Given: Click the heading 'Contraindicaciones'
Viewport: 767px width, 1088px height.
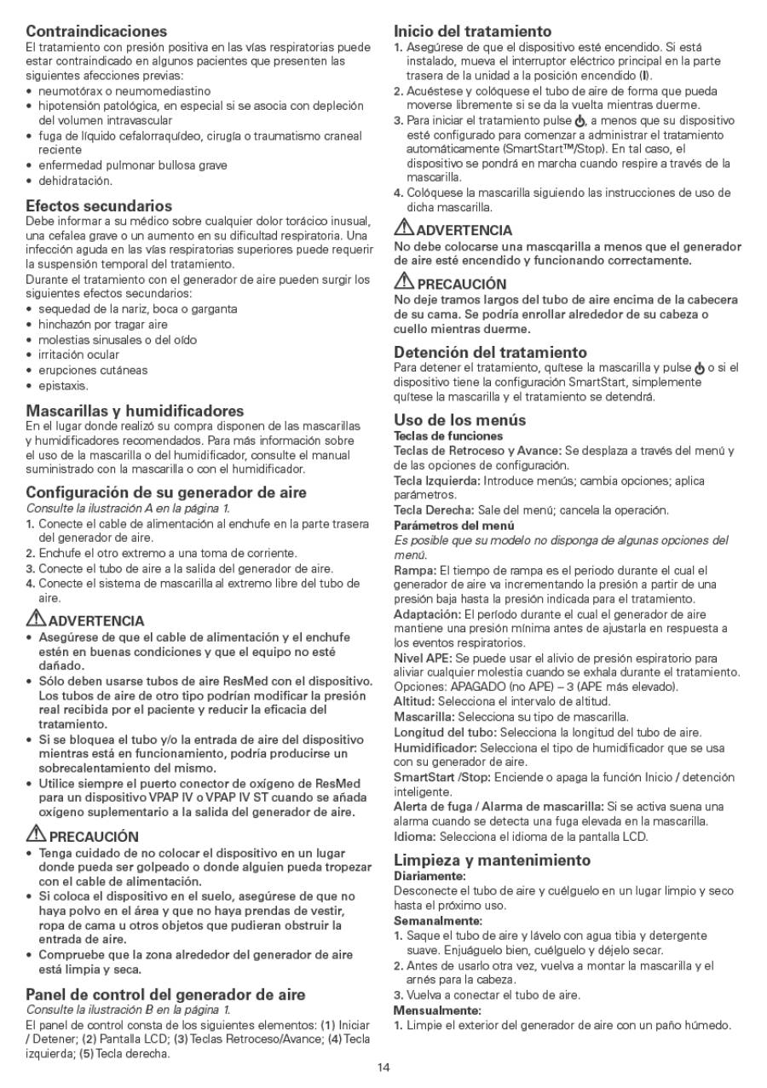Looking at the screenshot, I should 96,32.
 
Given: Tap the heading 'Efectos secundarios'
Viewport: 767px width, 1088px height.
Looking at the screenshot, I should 99,206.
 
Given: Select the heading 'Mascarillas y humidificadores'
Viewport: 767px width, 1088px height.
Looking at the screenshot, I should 135,411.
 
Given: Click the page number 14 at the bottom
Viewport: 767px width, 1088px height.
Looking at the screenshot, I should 383,1067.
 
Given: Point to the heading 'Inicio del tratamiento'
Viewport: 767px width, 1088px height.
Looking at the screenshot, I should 472,32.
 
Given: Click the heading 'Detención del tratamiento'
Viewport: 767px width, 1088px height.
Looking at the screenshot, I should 490,352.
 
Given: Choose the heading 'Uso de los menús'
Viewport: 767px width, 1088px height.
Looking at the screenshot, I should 459,419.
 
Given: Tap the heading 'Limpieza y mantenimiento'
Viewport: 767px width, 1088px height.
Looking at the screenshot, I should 492,860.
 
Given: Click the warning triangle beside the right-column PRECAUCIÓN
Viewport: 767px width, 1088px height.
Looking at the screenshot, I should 403,283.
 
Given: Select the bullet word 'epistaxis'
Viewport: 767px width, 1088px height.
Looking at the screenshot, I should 63,386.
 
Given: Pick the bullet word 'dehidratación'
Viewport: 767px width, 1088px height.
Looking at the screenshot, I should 75,181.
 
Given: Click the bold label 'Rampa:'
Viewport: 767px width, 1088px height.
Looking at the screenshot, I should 415,569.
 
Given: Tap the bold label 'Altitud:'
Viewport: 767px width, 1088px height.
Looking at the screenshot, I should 415,701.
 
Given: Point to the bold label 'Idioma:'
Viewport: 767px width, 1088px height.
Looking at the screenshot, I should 415,836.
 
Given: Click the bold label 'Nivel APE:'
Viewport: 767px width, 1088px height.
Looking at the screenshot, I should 423,658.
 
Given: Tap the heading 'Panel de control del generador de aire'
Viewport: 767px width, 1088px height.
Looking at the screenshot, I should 165,994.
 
